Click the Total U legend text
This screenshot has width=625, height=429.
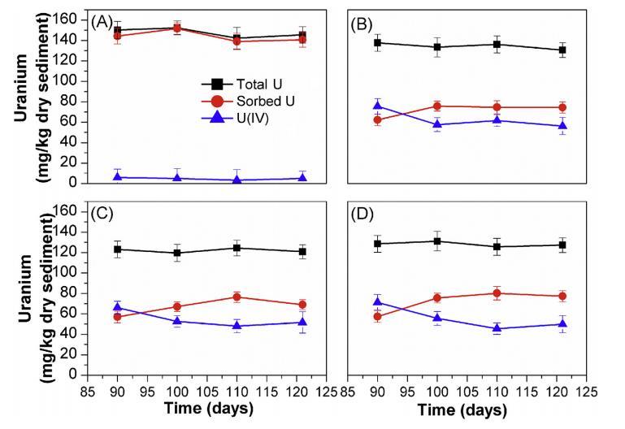[255, 84]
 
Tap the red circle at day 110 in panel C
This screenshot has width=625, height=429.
[237, 297]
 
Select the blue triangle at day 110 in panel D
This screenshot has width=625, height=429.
[497, 328]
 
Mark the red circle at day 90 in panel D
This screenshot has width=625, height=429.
[377, 316]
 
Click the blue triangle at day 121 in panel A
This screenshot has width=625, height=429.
[302, 178]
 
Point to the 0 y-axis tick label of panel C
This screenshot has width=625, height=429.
[74, 375]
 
